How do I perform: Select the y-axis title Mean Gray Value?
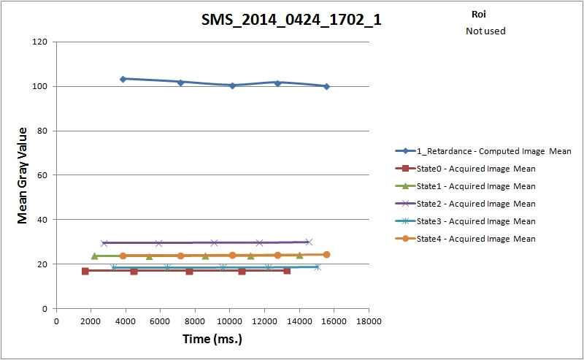[x=23, y=175]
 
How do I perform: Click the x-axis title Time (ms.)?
[x=212, y=339]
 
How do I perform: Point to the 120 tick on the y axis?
[x=40, y=42]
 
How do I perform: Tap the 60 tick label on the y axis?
[x=42, y=175]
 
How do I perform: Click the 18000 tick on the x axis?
[x=368, y=321]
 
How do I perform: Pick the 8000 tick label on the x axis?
[x=195, y=321]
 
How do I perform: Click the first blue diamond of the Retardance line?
[x=123, y=79]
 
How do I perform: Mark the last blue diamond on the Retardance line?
[x=326, y=86]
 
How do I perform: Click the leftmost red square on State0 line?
[x=85, y=271]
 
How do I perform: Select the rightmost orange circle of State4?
[x=326, y=255]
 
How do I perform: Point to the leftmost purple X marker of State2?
[x=104, y=242]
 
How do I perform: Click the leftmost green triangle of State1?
[x=94, y=256]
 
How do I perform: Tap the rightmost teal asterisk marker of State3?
[x=317, y=267]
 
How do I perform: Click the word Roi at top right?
[x=480, y=14]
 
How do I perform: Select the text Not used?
[x=485, y=31]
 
